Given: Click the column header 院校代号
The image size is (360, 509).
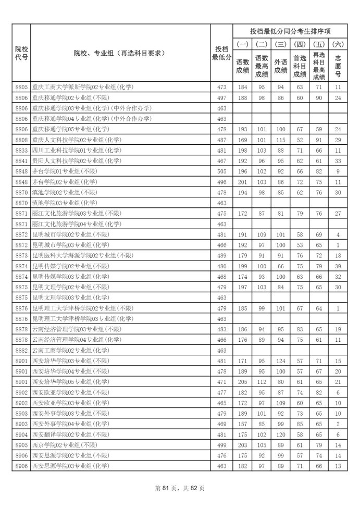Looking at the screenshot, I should (x=21, y=53).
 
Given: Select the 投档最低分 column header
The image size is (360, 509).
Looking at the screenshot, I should (x=221, y=53).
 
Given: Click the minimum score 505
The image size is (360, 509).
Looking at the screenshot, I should (x=221, y=171).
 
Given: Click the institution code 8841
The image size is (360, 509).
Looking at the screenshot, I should (x=21, y=161).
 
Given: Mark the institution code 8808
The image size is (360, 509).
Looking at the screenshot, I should (x=21, y=140).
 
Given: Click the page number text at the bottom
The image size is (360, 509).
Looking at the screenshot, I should (x=180, y=488).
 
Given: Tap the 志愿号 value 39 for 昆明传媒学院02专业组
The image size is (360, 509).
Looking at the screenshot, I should (x=338, y=266).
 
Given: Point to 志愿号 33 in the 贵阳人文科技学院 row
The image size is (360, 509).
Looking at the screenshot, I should (x=338, y=161).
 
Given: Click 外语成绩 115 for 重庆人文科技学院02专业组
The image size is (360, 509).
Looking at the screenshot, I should (x=281, y=140).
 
